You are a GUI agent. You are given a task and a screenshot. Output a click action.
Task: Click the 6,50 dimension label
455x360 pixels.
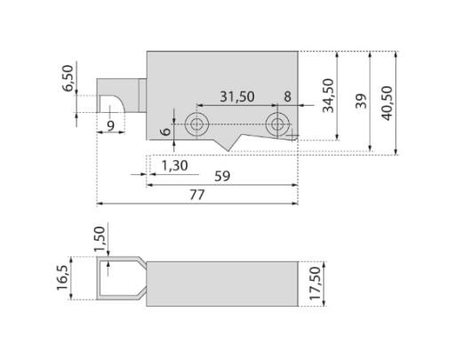(68, 78)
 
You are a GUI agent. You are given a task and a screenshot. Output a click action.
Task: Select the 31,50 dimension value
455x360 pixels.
(237, 97)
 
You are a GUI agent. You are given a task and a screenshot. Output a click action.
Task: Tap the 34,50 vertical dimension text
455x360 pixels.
(328, 96)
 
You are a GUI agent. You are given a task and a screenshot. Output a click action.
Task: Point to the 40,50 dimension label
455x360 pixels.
(387, 103)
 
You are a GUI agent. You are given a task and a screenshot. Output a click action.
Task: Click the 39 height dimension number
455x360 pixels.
(361, 101)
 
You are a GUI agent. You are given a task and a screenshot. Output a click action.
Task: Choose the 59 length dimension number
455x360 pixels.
(222, 176)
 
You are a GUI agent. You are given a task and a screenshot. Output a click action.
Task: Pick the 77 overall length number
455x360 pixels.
(197, 195)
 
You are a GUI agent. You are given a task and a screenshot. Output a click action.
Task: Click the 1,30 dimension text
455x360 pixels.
(175, 165)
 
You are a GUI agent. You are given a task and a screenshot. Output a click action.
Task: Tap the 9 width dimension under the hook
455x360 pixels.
(110, 126)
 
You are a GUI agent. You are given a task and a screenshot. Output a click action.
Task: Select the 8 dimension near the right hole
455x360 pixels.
(287, 97)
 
